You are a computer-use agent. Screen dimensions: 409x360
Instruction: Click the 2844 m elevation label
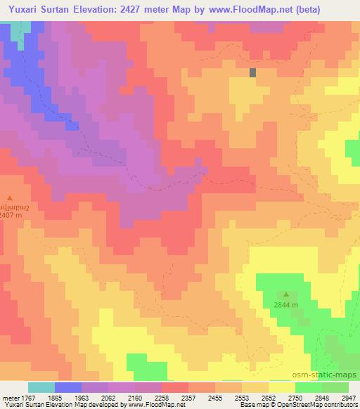pos(286,305)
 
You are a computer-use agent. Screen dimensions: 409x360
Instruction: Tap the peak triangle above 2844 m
pos(286,294)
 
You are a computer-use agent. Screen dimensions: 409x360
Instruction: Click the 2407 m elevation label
pos(11,216)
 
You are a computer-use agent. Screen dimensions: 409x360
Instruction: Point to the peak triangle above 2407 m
pos(10,198)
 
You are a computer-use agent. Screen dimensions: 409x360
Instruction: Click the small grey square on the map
pos(252,72)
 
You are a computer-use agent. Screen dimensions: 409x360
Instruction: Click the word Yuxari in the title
pos(25,9)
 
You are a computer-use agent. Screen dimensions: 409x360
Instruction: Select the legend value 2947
pos(348,398)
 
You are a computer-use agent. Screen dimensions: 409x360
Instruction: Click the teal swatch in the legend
pos(41,387)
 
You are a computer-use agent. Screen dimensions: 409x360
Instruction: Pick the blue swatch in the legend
pos(68,387)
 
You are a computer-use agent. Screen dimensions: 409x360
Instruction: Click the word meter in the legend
pos(11,398)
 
